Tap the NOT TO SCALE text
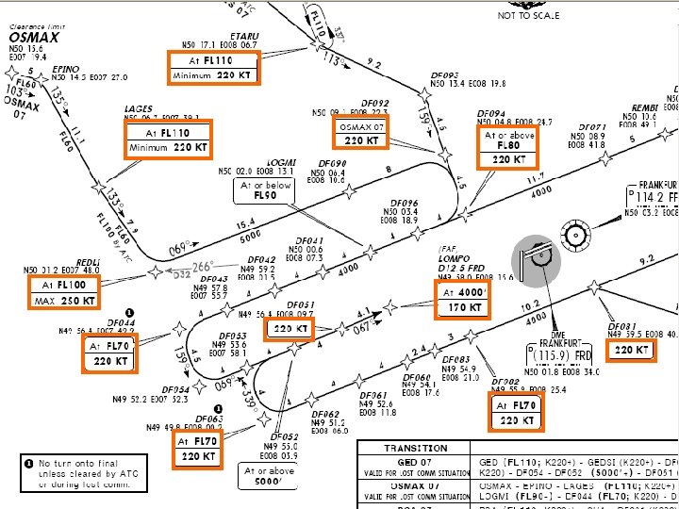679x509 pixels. point(528,15)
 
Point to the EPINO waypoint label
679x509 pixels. point(66,69)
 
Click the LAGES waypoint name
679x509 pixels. point(139,109)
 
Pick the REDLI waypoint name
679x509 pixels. point(89,261)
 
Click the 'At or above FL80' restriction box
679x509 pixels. point(509,146)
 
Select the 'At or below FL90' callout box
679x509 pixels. point(265,190)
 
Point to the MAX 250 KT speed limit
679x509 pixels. point(64,301)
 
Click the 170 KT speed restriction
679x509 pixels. point(465,307)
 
